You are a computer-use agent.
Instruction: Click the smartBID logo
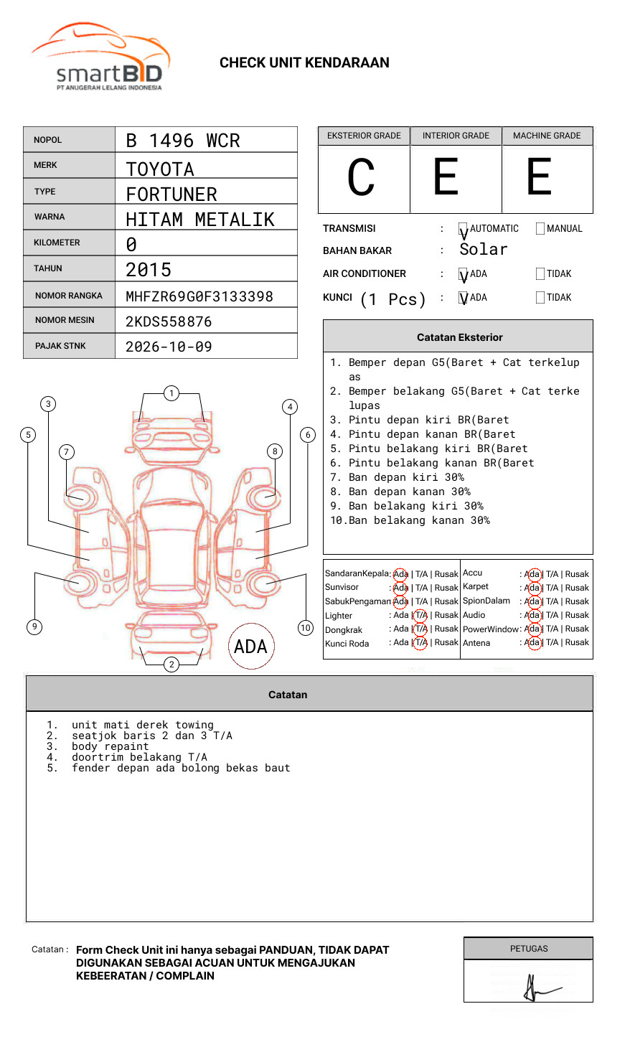(101, 57)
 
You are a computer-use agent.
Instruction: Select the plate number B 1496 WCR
(182, 141)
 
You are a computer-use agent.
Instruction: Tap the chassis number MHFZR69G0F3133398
(199, 296)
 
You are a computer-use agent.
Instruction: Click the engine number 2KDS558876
(169, 321)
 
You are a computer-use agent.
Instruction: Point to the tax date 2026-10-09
(169, 347)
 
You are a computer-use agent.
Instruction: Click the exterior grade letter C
(361, 177)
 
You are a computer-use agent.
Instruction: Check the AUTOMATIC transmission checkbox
(464, 229)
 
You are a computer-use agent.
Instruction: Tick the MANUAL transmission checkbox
(540, 229)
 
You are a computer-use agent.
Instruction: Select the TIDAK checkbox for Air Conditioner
(540, 274)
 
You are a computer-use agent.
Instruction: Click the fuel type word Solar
(483, 250)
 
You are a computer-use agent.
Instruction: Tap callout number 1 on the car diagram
(171, 393)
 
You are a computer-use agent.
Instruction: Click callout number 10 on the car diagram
(306, 628)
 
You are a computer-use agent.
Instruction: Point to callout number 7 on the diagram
(67, 451)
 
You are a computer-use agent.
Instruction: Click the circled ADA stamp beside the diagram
(250, 647)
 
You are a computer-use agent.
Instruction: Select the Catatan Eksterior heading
(459, 337)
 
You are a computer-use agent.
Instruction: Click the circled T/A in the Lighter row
(420, 615)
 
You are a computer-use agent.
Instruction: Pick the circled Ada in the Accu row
(532, 574)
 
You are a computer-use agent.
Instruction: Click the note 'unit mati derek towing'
(142, 725)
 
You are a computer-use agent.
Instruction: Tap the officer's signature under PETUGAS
(535, 987)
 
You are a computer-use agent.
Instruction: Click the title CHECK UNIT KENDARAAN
(304, 63)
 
